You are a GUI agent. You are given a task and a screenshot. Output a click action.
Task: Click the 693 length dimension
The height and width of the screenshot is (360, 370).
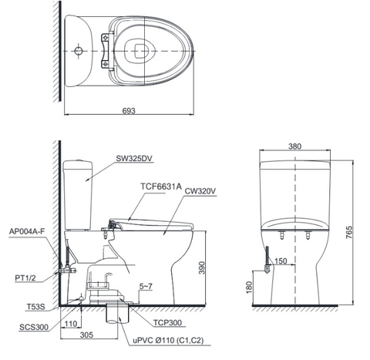click(129, 110)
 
